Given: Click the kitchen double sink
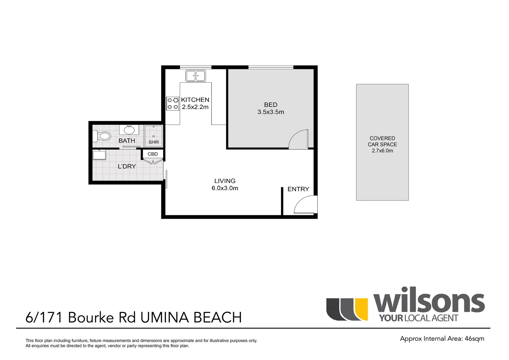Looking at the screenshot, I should tap(196, 76).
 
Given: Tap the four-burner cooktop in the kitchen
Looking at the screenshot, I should tap(173, 103).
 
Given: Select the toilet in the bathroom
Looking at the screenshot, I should tap(103, 136).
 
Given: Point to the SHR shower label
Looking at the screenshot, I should tap(154, 142).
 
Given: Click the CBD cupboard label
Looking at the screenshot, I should tap(153, 154).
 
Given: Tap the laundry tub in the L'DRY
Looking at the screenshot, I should tap(99, 155).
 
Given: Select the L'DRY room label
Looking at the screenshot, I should tap(127, 166).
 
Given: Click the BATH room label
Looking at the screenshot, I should tap(127, 141).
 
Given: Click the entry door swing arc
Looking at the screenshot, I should tap(305, 204).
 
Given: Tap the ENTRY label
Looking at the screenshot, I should tap(298, 189).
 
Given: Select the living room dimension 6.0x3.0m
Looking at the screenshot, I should tap(225, 188).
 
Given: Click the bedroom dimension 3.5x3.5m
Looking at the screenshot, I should tap(270, 112).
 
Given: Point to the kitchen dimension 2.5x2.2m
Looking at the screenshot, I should tap(195, 107).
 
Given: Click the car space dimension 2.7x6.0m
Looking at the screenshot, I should tap(382, 151).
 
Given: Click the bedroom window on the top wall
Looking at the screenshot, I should tap(270, 67).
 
